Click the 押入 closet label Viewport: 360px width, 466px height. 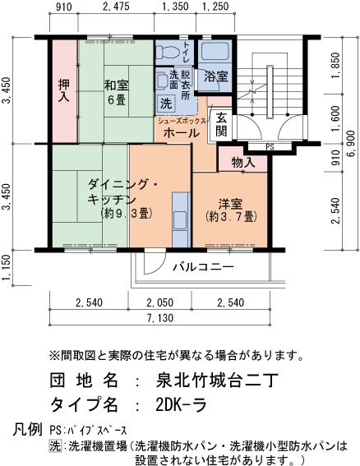pos(64,90)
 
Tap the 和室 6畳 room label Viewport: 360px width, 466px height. pos(116,93)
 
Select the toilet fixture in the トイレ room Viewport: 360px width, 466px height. pos(168,53)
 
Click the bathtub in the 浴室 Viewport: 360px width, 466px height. pos(215,51)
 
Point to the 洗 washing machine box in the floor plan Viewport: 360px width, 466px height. pos(166,103)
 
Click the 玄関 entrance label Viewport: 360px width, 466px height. pos(221,125)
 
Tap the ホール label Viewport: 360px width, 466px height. pos(182,132)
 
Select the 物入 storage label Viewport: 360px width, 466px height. pos(242,162)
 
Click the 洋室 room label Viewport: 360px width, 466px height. pos(231,210)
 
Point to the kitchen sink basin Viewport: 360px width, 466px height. pos(180,220)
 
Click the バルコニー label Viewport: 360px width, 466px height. pos(203,266)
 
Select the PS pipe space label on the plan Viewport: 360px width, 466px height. pos(270,147)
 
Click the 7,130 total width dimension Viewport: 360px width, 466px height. pos(160,318)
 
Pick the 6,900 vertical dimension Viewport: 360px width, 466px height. pos(351,144)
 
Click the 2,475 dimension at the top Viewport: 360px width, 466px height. pos(116,7)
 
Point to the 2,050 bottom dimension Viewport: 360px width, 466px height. pos(160,302)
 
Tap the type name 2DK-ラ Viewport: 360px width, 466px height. pos(181,404)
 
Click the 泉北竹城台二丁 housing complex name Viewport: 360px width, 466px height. pos(217,381)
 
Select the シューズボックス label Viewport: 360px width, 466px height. pos(182,121)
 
